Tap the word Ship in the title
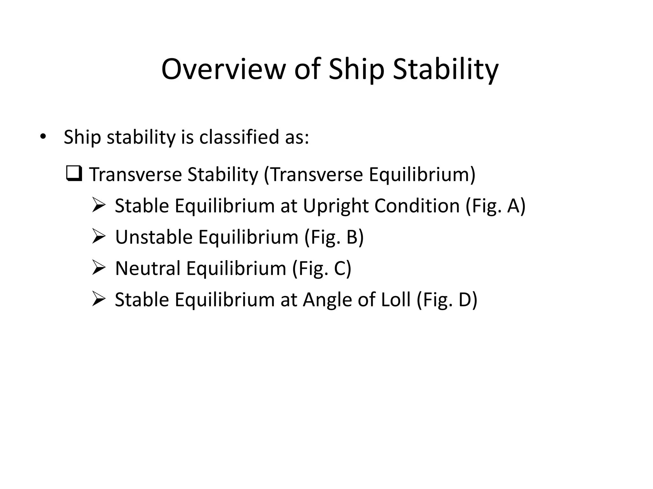coord(356,69)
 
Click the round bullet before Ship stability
coord(43,137)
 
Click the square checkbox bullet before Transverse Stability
coord(74,174)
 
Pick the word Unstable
coord(154,237)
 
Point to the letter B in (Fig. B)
coord(352,237)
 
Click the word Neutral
coord(148,268)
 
